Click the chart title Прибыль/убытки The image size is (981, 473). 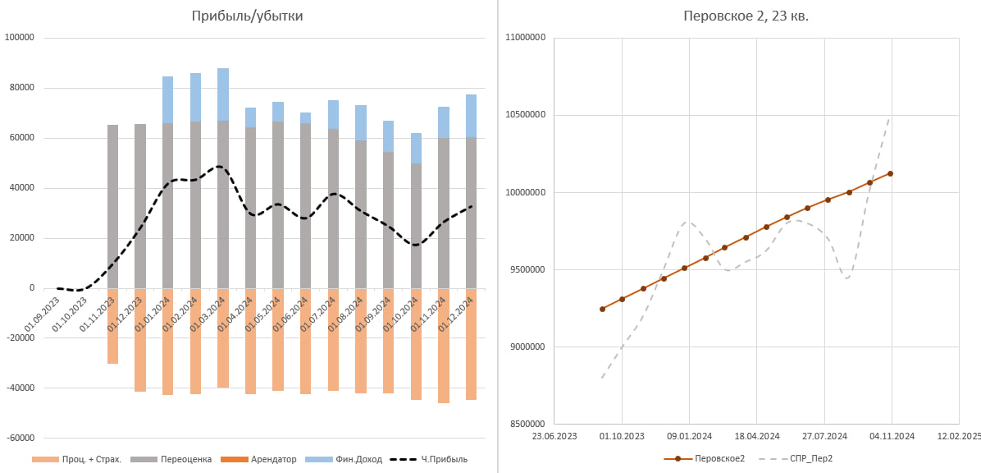click(247, 16)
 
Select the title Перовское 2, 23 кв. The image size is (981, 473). click(746, 16)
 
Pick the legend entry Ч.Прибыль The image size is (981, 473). click(444, 459)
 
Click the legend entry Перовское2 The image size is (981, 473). click(719, 458)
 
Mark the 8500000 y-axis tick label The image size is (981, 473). click(527, 424)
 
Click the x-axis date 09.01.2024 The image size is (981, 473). click(689, 436)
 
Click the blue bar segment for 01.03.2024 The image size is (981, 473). click(223, 94)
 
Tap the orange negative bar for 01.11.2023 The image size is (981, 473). click(112, 325)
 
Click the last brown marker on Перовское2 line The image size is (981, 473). click(890, 173)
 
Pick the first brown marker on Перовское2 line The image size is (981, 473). click(602, 309)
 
